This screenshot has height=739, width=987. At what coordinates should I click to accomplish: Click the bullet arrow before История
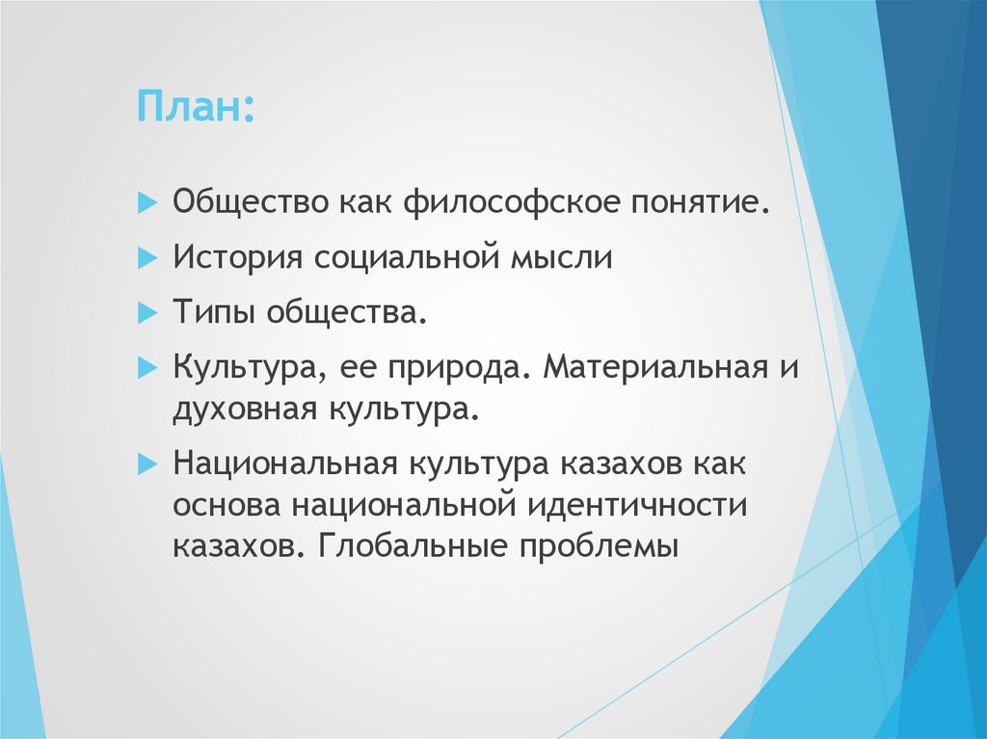click(147, 258)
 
